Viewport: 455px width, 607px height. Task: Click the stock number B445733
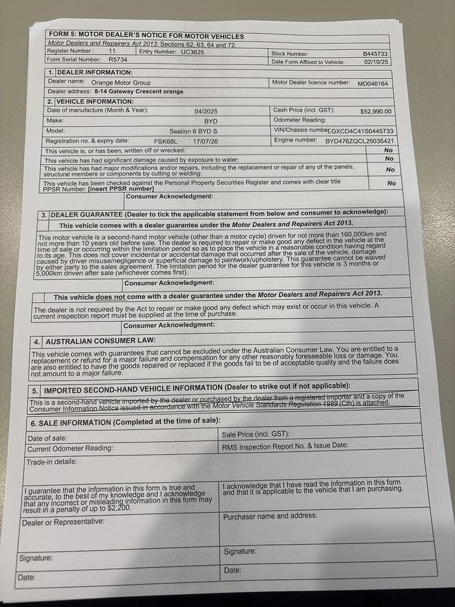coord(376,54)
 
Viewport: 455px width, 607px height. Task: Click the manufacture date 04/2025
coord(206,111)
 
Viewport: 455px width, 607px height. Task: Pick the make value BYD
coord(211,121)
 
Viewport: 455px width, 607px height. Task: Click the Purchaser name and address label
coord(270,516)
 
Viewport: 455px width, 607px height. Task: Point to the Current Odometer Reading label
coord(70,448)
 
